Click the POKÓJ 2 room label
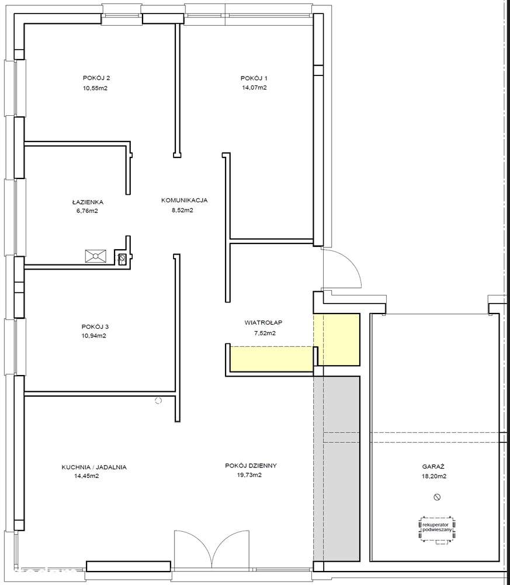point(96,78)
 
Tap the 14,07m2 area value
point(254,88)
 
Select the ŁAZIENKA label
point(88,202)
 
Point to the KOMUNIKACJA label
point(184,200)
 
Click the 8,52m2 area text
point(182,211)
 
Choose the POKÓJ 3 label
point(95,327)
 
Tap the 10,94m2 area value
point(94,336)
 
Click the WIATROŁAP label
point(263,322)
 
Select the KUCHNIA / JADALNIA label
point(94,467)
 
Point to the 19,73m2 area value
point(249,475)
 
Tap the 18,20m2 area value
point(435,476)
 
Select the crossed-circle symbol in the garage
point(438,497)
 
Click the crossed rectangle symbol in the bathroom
point(96,256)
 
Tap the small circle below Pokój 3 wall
point(158,401)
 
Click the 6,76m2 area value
point(88,211)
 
